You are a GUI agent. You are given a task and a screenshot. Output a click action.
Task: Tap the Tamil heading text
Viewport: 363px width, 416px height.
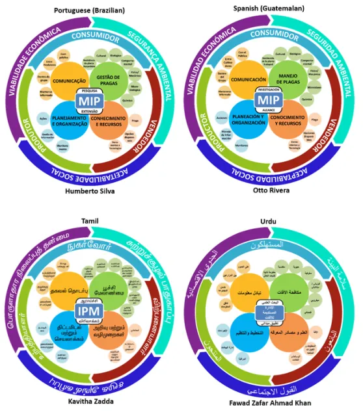pyautogui.click(x=89, y=221)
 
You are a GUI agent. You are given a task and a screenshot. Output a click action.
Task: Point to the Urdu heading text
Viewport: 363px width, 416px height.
pyautogui.click(x=269, y=221)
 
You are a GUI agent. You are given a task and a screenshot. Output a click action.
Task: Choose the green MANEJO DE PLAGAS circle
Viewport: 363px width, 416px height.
pyautogui.click(x=287, y=81)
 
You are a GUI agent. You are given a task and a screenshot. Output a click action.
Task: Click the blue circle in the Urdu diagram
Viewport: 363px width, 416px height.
pyautogui.click(x=250, y=331)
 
